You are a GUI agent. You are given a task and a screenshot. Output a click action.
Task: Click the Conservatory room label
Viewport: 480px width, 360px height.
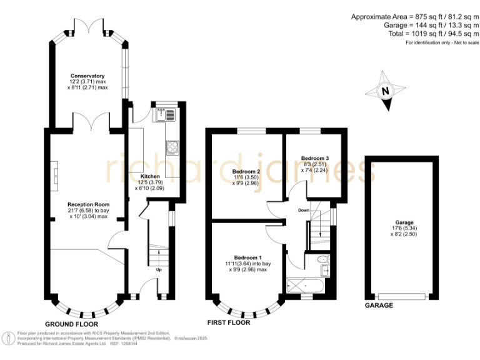coord(87,76)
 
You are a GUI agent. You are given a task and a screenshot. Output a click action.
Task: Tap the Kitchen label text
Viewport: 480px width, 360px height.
coord(150,176)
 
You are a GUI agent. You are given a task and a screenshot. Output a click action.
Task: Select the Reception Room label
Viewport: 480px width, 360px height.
coord(89,204)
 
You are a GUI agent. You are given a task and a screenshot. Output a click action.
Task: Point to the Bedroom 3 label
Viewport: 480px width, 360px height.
coord(315,158)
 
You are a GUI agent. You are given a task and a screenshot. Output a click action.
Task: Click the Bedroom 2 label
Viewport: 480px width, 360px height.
coord(246,171)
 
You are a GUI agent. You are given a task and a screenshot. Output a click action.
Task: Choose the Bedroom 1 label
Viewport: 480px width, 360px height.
coord(248,257)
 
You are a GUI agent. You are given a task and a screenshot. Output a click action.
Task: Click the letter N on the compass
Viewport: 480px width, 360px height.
coord(386,91)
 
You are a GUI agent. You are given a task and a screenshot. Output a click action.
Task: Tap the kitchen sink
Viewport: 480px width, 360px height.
coord(165,115)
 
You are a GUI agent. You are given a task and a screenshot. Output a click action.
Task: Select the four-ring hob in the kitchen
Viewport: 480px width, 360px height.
coord(172,148)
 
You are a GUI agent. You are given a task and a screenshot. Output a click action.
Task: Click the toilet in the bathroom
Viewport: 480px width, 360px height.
coord(323,260)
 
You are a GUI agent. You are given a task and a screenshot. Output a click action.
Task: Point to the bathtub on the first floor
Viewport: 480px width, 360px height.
coord(305,286)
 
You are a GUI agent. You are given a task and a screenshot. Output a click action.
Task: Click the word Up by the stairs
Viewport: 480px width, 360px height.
coord(159,270)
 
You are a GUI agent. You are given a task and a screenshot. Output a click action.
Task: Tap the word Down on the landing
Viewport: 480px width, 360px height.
coord(304,210)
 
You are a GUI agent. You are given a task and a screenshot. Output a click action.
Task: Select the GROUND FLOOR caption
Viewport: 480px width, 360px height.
coord(72,324)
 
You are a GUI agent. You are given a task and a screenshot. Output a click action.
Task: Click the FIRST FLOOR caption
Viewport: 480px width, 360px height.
coord(229,322)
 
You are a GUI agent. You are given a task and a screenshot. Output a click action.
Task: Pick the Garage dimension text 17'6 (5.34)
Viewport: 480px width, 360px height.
coord(404,228)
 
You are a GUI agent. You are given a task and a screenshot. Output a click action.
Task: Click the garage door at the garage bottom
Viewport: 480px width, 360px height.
coord(402,296)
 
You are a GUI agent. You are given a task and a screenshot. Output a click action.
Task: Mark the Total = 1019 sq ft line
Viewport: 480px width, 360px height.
coord(434,34)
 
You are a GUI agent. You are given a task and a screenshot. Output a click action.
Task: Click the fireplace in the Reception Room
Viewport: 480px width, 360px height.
coord(54,176)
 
